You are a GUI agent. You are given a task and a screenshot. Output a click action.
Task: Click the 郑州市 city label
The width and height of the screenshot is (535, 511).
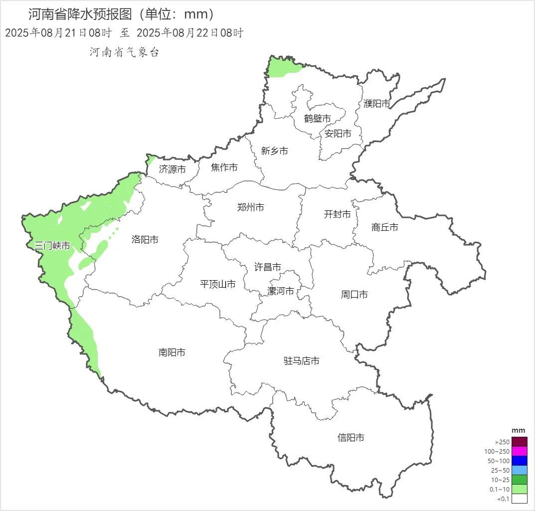pyautogui.click(x=251, y=207)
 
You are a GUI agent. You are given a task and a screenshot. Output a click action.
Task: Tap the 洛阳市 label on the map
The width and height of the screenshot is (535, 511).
pyautogui.click(x=145, y=240)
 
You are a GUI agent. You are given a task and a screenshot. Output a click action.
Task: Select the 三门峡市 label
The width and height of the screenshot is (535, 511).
pyautogui.click(x=52, y=246)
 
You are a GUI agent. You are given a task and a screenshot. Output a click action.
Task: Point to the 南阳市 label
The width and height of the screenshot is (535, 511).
pyautogui.click(x=172, y=352)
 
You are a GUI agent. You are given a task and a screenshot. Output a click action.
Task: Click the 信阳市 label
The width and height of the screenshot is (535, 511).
pyautogui.click(x=351, y=438)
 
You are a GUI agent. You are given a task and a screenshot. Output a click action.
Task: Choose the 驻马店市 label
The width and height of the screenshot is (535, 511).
pyautogui.click(x=302, y=361)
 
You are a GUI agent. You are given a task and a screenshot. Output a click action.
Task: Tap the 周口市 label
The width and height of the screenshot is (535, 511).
pyautogui.click(x=355, y=295)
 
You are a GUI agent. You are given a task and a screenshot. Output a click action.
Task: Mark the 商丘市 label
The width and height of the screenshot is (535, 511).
pyautogui.click(x=385, y=227)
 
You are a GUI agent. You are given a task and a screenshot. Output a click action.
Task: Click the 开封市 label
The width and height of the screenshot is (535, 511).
pyautogui.click(x=338, y=214)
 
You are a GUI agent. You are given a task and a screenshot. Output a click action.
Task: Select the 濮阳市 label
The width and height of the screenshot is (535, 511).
pyautogui.click(x=377, y=104)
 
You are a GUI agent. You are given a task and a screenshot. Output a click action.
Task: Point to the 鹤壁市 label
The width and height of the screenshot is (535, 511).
pyautogui.click(x=318, y=119)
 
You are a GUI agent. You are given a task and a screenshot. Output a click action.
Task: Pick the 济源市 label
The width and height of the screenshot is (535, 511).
pyautogui.click(x=173, y=170)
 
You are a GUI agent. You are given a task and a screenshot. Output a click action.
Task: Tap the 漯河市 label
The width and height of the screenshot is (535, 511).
pyautogui.click(x=281, y=291)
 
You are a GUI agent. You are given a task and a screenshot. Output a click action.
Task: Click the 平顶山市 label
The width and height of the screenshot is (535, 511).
pyautogui.click(x=218, y=284)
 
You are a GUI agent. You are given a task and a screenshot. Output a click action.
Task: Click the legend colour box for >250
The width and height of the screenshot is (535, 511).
pyautogui.click(x=520, y=442)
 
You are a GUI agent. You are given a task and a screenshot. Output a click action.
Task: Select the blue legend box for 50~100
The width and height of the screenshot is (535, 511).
pyautogui.click(x=520, y=461)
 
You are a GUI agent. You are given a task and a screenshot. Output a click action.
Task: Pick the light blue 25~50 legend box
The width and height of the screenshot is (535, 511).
pyautogui.click(x=520, y=470)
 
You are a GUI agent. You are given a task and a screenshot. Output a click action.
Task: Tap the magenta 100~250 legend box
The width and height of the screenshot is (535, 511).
pyautogui.click(x=520, y=451)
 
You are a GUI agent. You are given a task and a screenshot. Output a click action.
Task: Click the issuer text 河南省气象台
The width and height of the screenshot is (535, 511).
pyautogui.click(x=125, y=52)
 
